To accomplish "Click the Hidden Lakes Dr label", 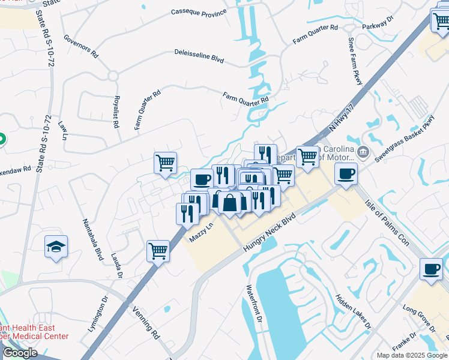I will coord(353,312).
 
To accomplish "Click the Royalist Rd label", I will coord(115,112).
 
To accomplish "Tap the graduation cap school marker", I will coord(56,247).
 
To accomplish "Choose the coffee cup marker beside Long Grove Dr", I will coord(430,269).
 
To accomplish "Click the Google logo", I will coord(20,353).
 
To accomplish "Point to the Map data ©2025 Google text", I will coord(412,355).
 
